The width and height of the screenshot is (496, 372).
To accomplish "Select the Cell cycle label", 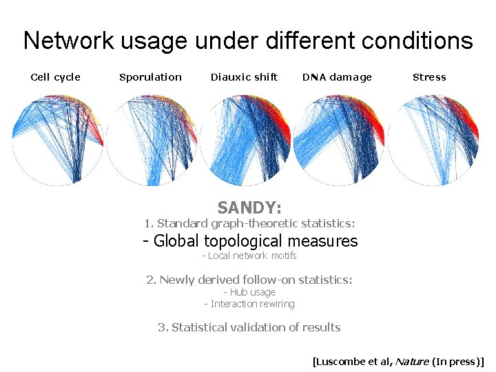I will click(56, 77).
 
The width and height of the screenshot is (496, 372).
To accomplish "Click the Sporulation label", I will click(150, 77).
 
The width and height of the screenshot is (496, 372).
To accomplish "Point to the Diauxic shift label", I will click(244, 77).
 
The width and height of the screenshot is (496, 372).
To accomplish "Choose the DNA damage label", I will click(337, 77).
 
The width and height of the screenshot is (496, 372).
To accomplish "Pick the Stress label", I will click(429, 77).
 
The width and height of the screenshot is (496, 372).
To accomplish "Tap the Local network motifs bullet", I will click(249, 256).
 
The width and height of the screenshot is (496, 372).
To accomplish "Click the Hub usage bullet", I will click(249, 292).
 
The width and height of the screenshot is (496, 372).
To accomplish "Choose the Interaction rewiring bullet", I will click(249, 304).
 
